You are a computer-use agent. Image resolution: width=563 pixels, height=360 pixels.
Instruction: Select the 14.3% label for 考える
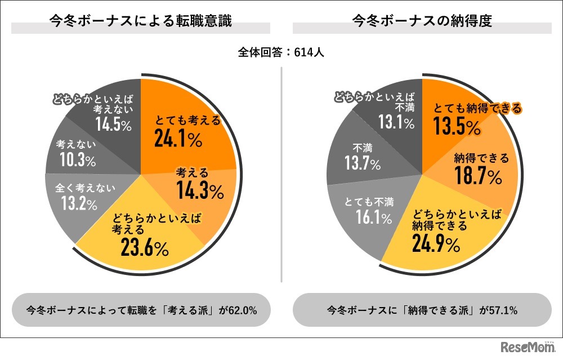click(199, 192)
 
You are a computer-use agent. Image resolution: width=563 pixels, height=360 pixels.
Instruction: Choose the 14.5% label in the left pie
click(113, 124)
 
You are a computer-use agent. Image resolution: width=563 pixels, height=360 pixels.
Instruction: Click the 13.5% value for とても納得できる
click(457, 127)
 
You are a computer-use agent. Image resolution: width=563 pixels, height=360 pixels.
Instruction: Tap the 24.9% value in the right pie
click(436, 245)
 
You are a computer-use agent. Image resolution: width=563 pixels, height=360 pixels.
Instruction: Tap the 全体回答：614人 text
click(281, 52)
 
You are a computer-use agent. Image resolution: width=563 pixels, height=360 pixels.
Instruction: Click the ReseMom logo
click(525, 347)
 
